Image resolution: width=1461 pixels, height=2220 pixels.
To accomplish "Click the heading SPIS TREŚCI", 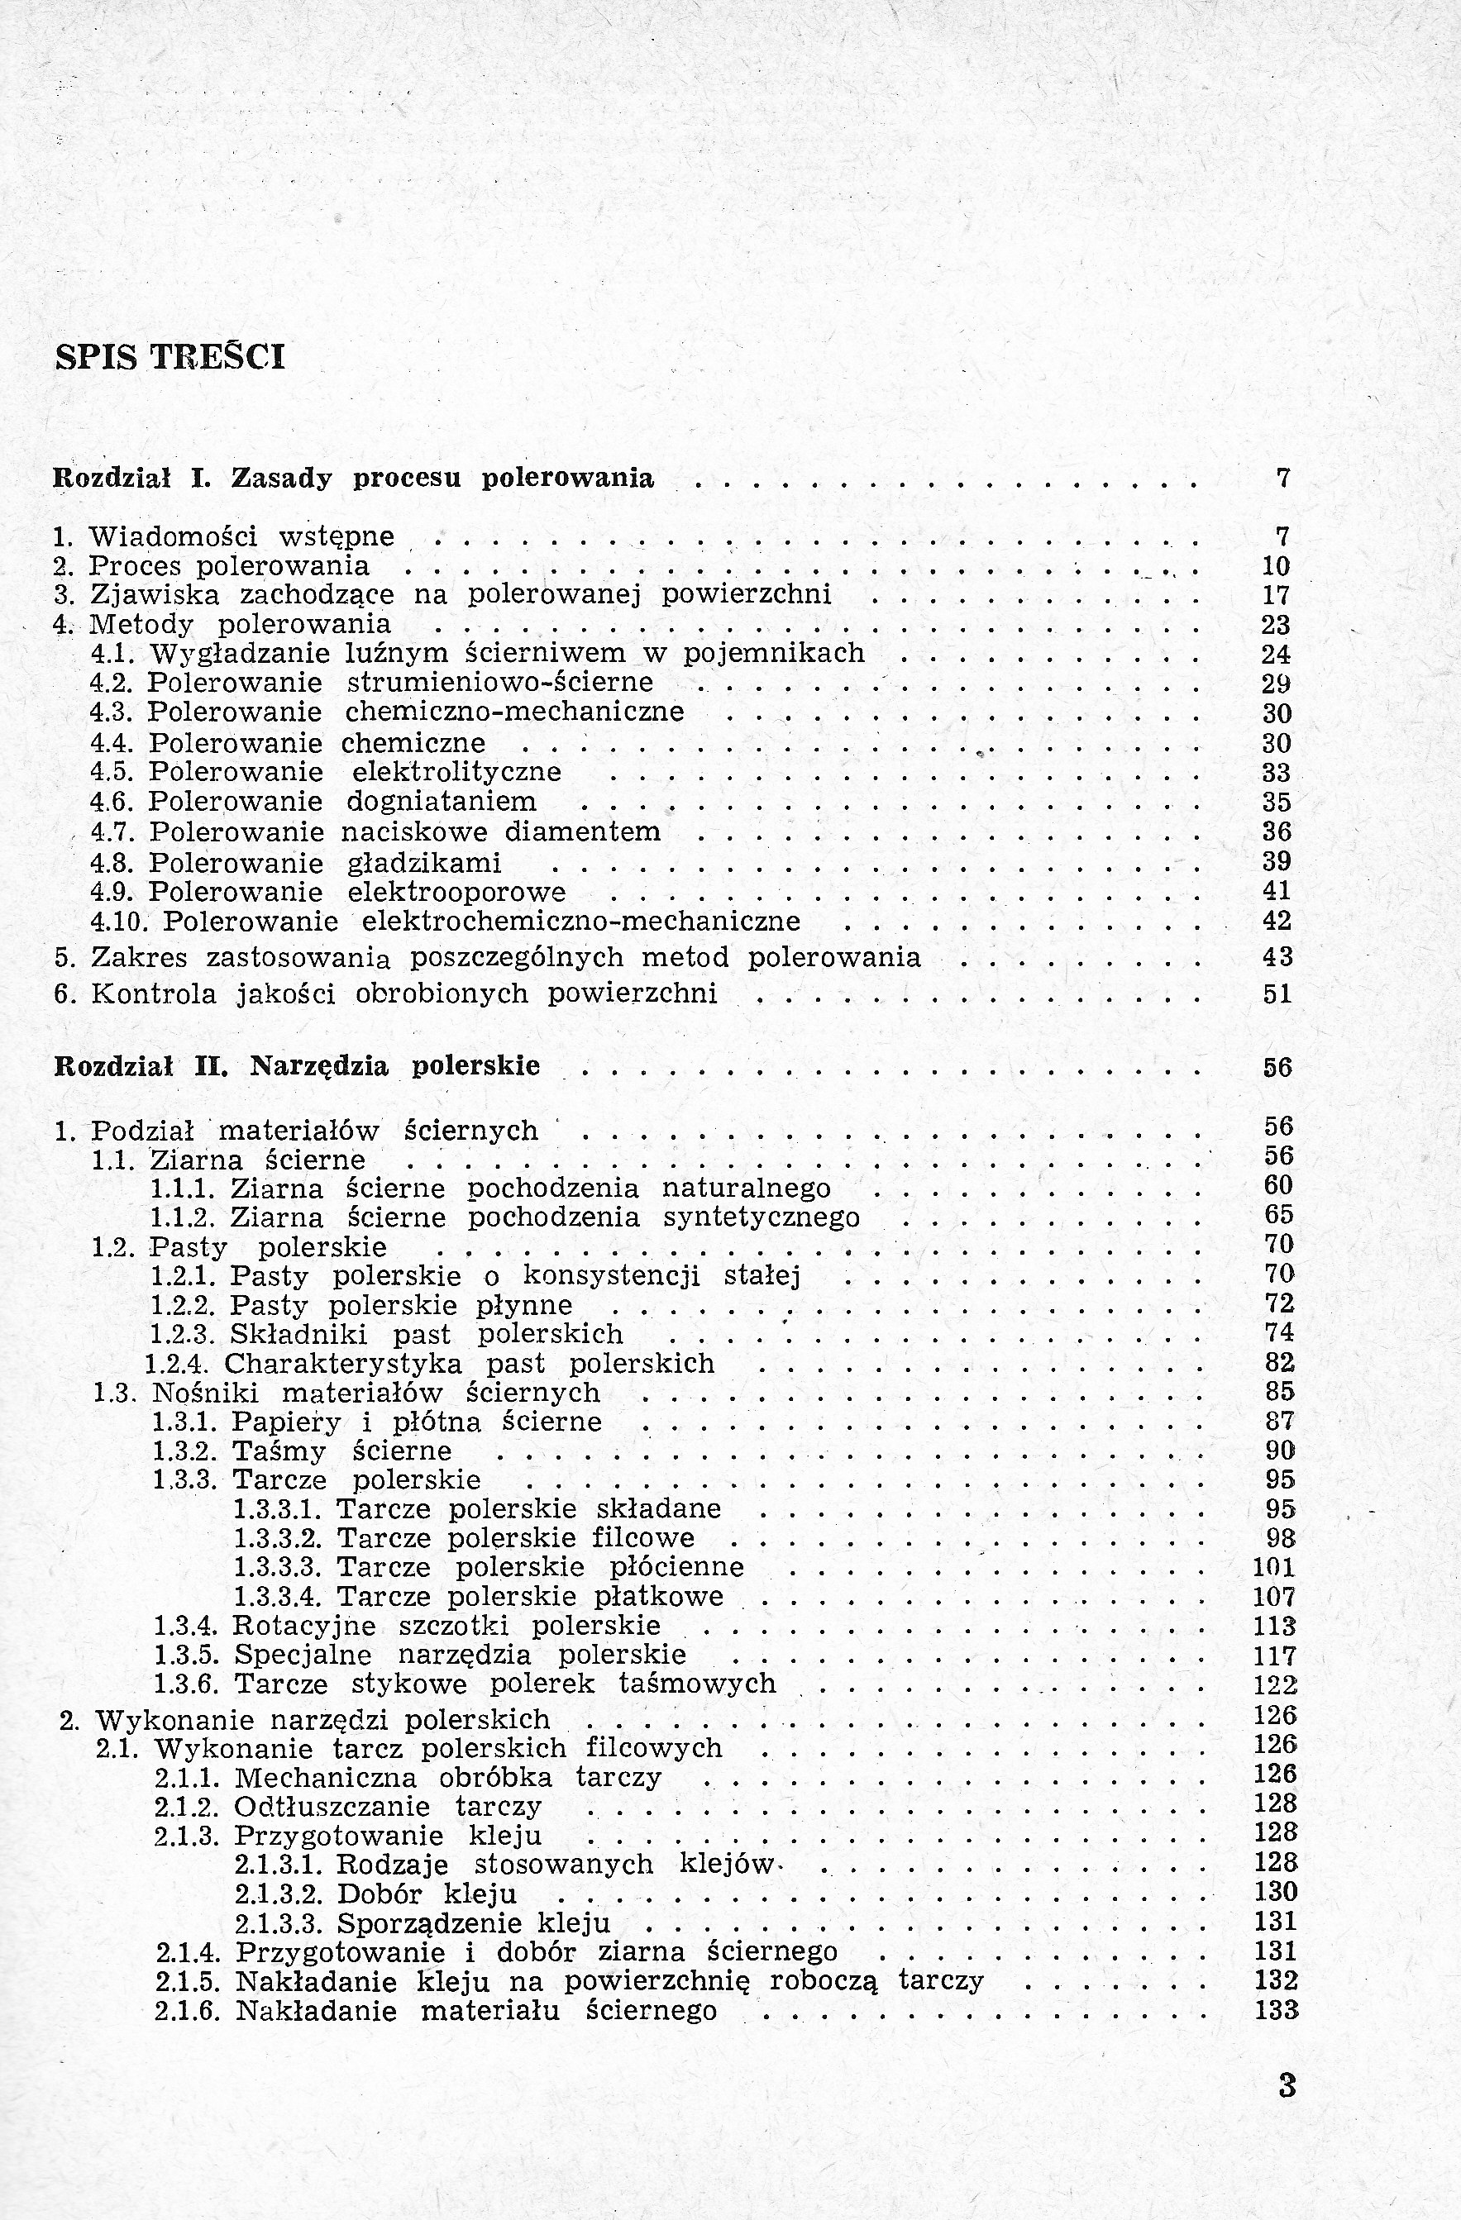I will (170, 357).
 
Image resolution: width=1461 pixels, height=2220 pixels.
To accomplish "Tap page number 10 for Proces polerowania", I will (1274, 566).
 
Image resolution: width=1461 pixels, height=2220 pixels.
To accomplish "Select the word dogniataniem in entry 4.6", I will (442, 801).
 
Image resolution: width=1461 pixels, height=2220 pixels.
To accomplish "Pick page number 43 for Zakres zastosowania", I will (1277, 957).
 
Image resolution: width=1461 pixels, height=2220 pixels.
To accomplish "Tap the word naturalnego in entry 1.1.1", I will (746, 1189).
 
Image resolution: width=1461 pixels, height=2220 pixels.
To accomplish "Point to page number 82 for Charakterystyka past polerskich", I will (1280, 1363).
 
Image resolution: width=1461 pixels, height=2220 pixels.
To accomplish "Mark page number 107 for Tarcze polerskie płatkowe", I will (1274, 1597).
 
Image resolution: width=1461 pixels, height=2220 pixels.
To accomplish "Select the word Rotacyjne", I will (304, 1626).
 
